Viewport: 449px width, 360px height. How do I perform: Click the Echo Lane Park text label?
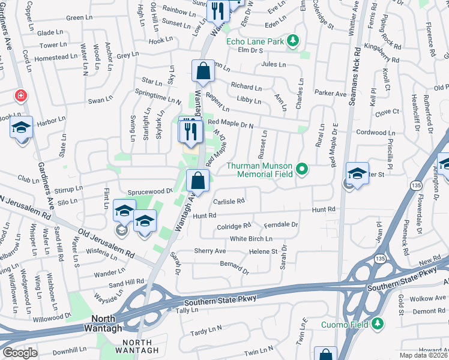pos(255,41)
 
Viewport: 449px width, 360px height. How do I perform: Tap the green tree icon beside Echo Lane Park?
pos(292,41)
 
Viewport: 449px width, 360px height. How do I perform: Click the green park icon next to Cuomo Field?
pos(378,324)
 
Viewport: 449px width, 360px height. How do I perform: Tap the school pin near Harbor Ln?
pos(22,129)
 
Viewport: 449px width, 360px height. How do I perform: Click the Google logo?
pos(20,352)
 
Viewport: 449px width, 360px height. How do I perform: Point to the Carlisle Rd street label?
pos(229,202)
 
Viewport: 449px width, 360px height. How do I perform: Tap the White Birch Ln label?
pos(251,239)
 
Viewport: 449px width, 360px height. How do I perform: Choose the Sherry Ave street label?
pos(209,251)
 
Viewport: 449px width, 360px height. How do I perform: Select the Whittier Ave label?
pos(355,17)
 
